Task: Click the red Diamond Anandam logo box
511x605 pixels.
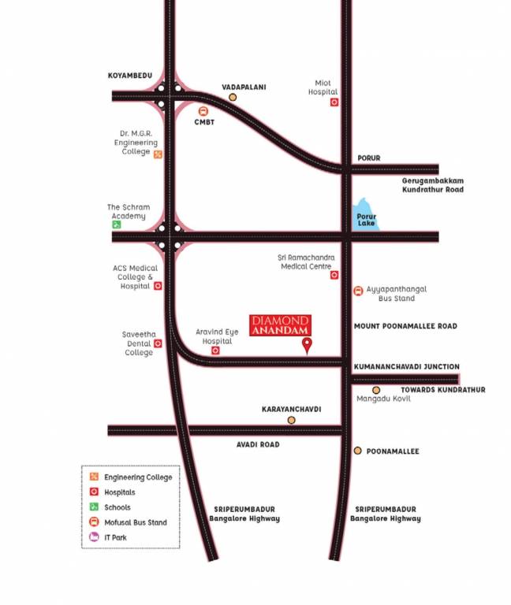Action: pyautogui.click(x=280, y=325)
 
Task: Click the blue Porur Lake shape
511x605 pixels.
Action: pyautogui.click(x=366, y=214)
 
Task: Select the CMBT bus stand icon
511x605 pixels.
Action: pyautogui.click(x=203, y=111)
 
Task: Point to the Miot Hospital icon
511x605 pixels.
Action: pyautogui.click(x=334, y=102)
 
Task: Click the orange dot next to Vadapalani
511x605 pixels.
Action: pyautogui.click(x=233, y=97)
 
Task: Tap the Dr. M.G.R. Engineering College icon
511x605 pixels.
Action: pyautogui.click(x=158, y=154)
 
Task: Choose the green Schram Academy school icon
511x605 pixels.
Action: pyautogui.click(x=117, y=225)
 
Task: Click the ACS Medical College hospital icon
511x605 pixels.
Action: pyautogui.click(x=158, y=286)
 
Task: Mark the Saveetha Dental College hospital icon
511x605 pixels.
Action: pyautogui.click(x=158, y=343)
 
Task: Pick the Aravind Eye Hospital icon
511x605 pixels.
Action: pyautogui.click(x=215, y=351)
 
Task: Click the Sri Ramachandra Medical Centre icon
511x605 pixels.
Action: pyautogui.click(x=334, y=275)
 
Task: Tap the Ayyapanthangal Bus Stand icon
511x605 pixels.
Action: pyautogui.click(x=359, y=290)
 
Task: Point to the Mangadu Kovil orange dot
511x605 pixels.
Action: pyautogui.click(x=376, y=390)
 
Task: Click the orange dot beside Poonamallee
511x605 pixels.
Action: pyautogui.click(x=357, y=451)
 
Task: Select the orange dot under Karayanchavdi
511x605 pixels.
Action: pyautogui.click(x=291, y=420)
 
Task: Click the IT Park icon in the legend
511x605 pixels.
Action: pyautogui.click(x=94, y=537)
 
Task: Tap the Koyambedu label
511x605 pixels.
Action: pyautogui.click(x=129, y=76)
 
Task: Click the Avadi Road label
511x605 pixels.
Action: pyautogui.click(x=258, y=444)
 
